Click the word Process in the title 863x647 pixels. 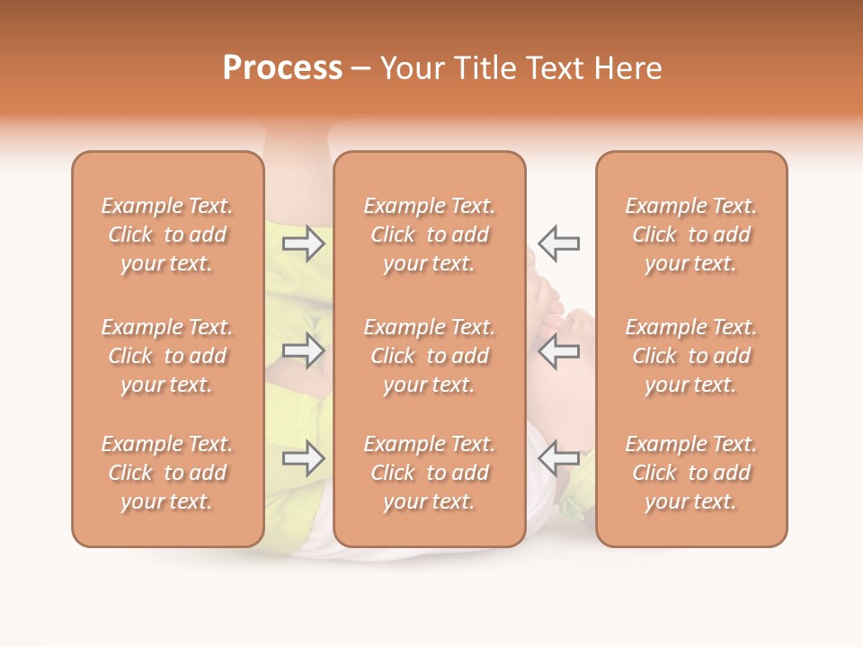[x=282, y=68]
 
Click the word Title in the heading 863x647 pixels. [x=485, y=68]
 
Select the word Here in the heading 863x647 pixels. [x=628, y=68]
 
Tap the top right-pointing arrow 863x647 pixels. [x=304, y=244]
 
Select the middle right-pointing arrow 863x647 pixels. [x=304, y=350]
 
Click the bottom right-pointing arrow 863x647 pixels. [x=304, y=458]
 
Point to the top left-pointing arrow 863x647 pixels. [x=558, y=244]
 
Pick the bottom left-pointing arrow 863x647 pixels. [x=558, y=458]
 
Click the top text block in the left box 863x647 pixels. [x=167, y=235]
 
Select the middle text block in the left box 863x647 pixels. [x=167, y=356]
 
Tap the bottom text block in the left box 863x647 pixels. [x=167, y=473]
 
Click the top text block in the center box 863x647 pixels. [x=430, y=235]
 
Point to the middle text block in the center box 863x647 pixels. [x=430, y=356]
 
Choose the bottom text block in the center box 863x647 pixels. [x=430, y=473]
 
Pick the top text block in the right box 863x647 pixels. [x=691, y=235]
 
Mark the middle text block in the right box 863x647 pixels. [x=691, y=356]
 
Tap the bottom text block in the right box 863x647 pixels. [x=691, y=473]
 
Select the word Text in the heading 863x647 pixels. [x=556, y=68]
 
